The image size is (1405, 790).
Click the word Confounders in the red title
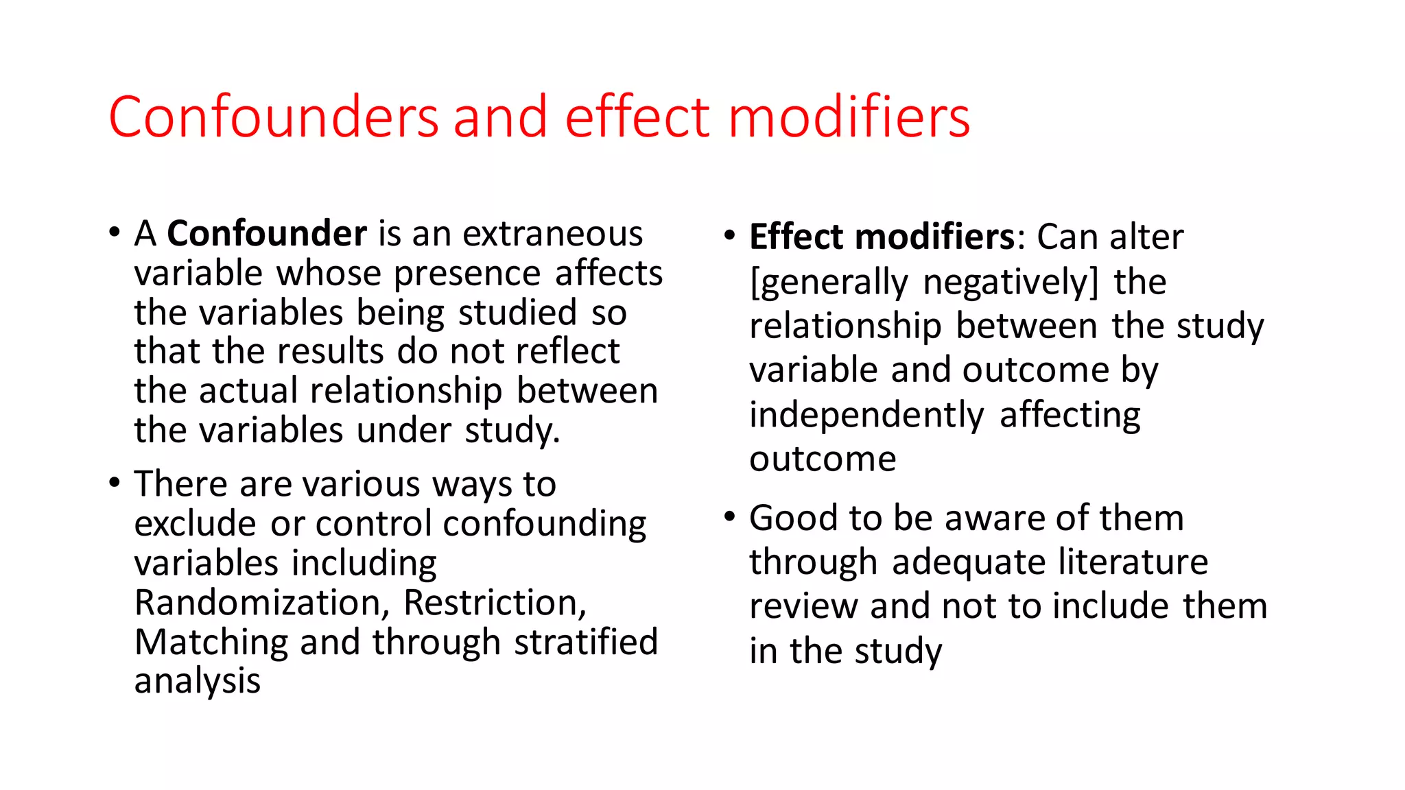273,118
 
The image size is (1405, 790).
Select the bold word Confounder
267,234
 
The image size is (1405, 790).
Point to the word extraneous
552,234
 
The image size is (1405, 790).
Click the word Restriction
494,603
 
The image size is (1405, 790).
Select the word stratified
586,643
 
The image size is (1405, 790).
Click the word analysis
198,682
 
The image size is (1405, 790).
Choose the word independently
866,416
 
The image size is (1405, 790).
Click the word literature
1133,562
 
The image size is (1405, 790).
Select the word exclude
196,524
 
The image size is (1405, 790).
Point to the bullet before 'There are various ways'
115,482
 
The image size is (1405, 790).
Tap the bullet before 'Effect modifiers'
729,235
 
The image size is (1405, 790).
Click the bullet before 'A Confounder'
115,232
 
